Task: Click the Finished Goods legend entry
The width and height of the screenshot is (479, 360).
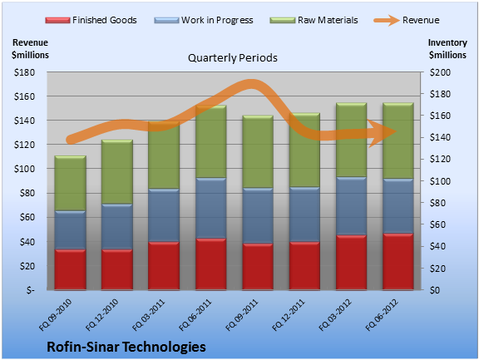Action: coord(91,20)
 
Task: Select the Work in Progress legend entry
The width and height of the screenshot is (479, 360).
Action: coord(204,20)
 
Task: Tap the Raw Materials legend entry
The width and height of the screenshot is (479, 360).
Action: coord(314,20)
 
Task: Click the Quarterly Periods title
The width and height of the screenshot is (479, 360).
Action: coord(233,57)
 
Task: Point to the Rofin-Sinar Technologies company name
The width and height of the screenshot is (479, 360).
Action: coord(126,347)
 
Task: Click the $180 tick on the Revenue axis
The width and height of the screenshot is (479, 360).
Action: coord(24,72)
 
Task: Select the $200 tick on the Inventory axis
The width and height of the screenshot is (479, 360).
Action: coord(440,72)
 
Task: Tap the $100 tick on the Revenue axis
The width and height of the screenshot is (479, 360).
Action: coord(24,169)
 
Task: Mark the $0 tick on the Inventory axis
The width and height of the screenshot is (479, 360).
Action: coord(434,290)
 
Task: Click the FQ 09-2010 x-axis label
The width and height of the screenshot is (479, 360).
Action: coord(55,315)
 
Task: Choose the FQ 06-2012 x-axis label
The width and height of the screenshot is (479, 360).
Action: coord(383,315)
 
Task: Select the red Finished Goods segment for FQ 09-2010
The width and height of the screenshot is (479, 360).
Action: coord(70,269)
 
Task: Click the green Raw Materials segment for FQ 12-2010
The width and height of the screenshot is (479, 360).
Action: coord(117,171)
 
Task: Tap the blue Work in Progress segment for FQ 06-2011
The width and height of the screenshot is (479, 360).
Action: coord(210,208)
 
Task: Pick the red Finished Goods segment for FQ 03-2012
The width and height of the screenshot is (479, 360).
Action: coord(351,262)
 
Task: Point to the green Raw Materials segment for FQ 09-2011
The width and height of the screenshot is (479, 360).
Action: coord(258,151)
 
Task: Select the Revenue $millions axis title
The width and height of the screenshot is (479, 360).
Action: coord(30,48)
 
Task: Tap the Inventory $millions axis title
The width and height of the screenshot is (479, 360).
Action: coord(447,48)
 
